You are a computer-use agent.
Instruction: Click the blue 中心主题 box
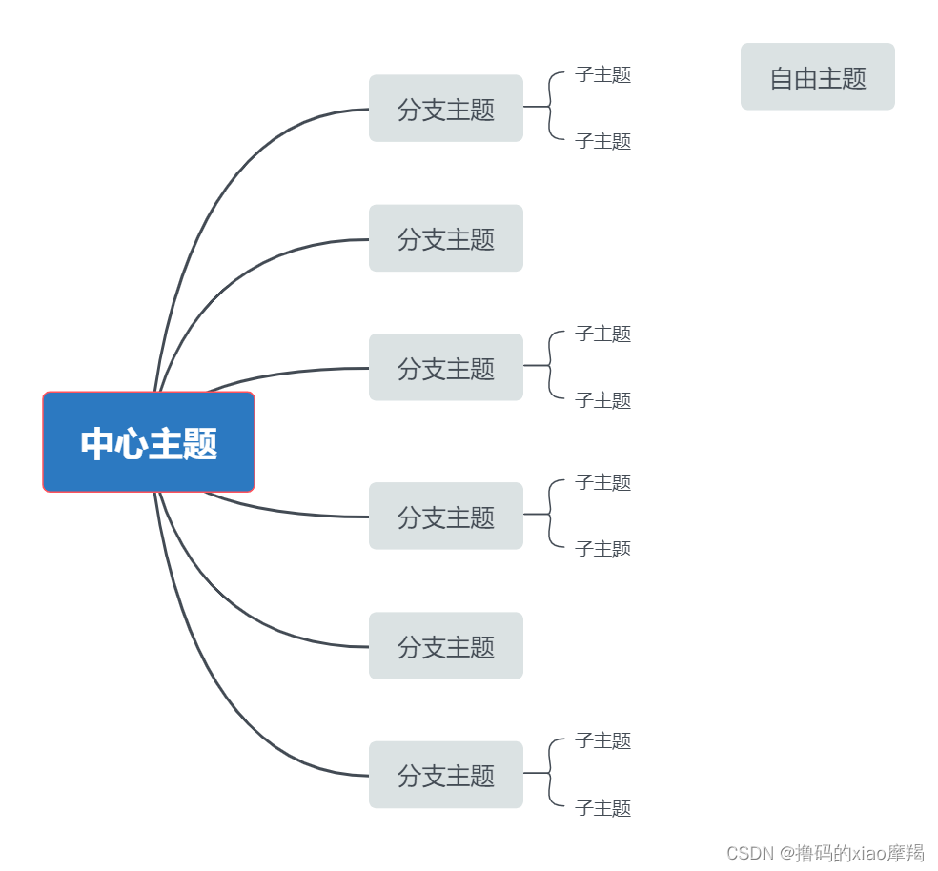click(149, 442)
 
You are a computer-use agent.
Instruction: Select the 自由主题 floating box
click(817, 77)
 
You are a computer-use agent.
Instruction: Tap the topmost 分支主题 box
click(445, 109)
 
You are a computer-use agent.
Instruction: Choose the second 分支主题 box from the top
click(445, 238)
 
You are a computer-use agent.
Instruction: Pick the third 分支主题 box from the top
click(445, 368)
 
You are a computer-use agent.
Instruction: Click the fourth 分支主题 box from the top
click(445, 517)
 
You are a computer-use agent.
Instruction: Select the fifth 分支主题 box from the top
click(445, 646)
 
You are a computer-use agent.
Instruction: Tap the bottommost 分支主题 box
click(445, 775)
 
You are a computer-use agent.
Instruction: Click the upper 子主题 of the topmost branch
click(602, 74)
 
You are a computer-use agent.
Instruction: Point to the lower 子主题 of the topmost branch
click(602, 141)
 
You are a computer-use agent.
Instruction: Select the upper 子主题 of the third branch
click(602, 334)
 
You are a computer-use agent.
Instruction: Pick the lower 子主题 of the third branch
click(602, 400)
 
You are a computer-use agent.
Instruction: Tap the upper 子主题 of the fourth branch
click(602, 482)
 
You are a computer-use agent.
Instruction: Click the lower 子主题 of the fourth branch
click(602, 549)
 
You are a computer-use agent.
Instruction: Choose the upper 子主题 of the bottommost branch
click(602, 740)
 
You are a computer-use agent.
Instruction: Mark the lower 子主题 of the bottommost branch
click(602, 808)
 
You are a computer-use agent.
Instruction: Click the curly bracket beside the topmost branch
click(551, 107)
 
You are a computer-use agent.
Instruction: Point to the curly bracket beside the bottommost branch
click(551, 773)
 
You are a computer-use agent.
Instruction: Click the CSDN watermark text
click(825, 853)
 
